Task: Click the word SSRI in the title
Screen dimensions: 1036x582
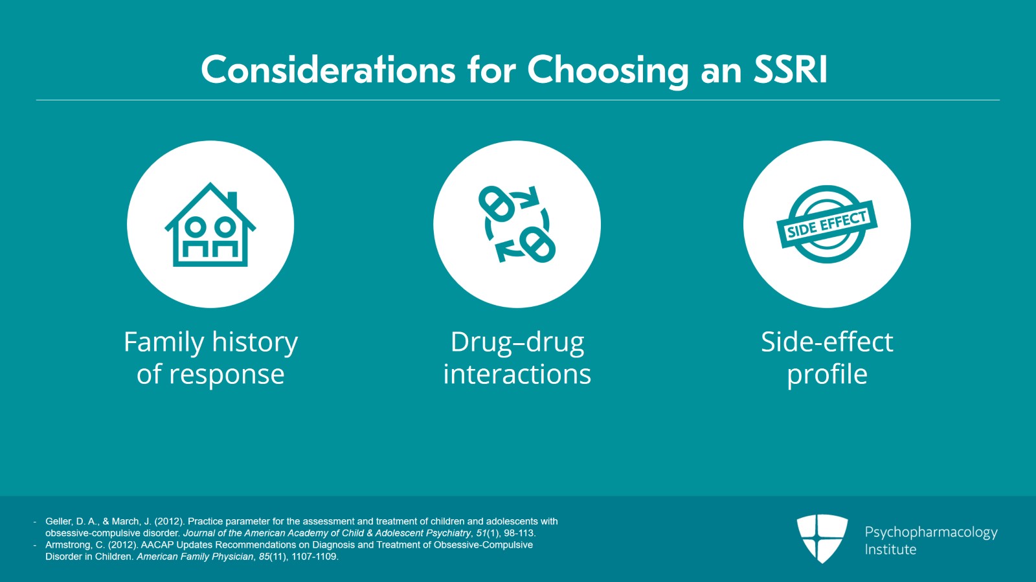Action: tap(790, 70)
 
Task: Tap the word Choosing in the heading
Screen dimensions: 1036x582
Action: tap(608, 72)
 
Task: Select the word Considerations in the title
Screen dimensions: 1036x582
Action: tap(328, 70)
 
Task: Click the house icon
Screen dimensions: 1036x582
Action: tap(210, 224)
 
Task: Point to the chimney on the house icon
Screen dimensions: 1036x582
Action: tap(232, 199)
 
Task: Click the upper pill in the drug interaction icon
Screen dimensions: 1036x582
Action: tap(496, 204)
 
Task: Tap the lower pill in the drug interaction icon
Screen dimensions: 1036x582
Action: tap(537, 245)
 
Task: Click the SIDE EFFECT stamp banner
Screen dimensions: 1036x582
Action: tap(826, 224)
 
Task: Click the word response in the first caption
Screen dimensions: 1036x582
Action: tap(226, 374)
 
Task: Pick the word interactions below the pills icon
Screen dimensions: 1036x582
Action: tap(517, 374)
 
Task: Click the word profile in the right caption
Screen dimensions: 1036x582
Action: tap(827, 374)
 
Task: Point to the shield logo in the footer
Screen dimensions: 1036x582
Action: tap(822, 539)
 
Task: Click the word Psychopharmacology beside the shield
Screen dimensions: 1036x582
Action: tap(931, 533)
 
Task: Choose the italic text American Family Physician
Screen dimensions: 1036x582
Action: tap(195, 557)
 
